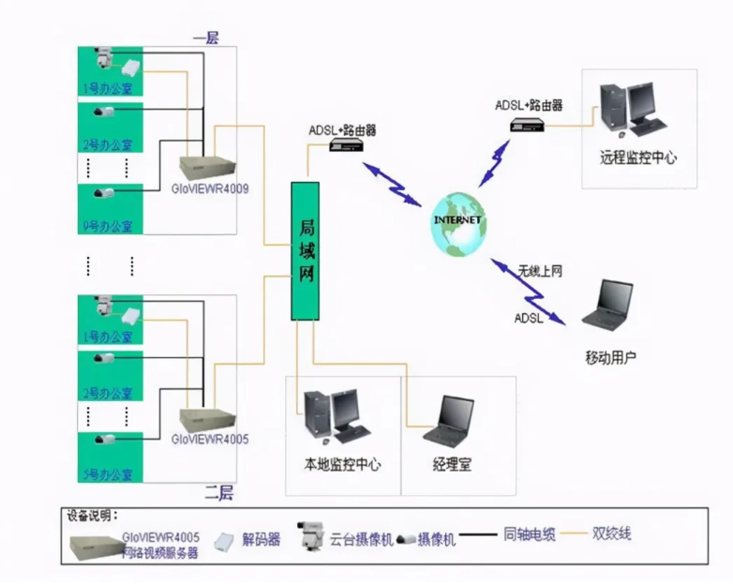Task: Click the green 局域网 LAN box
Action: click(x=306, y=251)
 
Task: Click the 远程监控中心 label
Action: click(x=638, y=157)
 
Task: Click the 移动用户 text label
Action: click(x=610, y=357)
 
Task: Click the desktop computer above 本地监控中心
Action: click(x=336, y=415)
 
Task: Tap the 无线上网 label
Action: click(x=540, y=271)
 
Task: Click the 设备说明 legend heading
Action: click(x=90, y=516)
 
